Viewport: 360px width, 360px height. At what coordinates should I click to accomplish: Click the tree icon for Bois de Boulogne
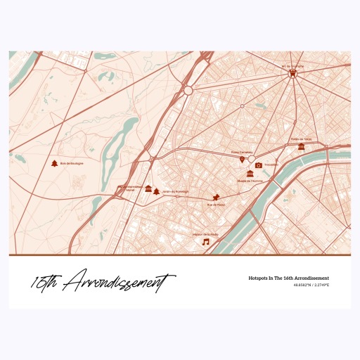pyautogui.click(x=54, y=164)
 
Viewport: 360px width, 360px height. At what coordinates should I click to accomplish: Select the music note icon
pyautogui.click(x=206, y=242)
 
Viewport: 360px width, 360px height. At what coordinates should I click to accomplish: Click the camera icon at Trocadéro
pyautogui.click(x=259, y=165)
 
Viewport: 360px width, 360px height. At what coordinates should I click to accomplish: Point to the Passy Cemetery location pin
pyautogui.click(x=243, y=160)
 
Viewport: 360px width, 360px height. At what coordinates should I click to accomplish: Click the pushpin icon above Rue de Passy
pyautogui.click(x=218, y=196)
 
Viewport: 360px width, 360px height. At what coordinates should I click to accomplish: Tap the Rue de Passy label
pyautogui.click(x=217, y=205)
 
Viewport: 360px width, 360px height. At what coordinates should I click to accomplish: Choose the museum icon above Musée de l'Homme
pyautogui.click(x=250, y=173)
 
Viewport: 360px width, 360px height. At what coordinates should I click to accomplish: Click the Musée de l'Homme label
pyautogui.click(x=249, y=181)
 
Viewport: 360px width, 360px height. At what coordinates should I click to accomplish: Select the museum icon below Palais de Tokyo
pyautogui.click(x=301, y=146)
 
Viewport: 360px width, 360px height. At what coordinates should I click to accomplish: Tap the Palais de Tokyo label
pyautogui.click(x=300, y=139)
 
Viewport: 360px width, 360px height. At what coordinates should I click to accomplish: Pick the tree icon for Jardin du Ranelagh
pyautogui.click(x=156, y=191)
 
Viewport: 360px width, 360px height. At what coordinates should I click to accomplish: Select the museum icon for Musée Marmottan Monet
pyautogui.click(x=148, y=188)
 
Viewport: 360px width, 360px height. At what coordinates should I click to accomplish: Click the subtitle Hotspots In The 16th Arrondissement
pyautogui.click(x=288, y=278)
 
